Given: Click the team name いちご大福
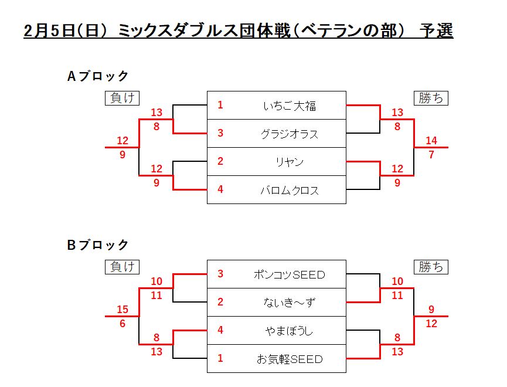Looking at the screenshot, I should pyautogui.click(x=290, y=106).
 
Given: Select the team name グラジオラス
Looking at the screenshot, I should pyautogui.click(x=290, y=134).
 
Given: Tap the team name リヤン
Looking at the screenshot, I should pyautogui.click(x=290, y=162).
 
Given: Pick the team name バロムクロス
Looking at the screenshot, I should pyautogui.click(x=290, y=190).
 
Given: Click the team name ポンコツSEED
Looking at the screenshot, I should pyautogui.click(x=290, y=274).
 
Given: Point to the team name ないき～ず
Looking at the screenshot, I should pyautogui.click(x=290, y=303).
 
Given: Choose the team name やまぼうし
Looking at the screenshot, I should pyautogui.click(x=290, y=331).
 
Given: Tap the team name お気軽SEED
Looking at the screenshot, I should pyautogui.click(x=290, y=359).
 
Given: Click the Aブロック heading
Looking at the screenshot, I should pyautogui.click(x=98, y=76).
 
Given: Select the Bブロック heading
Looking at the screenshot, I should pyautogui.click(x=98, y=245).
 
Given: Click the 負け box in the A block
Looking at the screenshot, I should pyautogui.click(x=122, y=98).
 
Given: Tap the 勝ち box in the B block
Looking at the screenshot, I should pyautogui.click(x=431, y=267).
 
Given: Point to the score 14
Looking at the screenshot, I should pyautogui.click(x=431, y=141).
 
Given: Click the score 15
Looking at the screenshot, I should pyautogui.click(x=123, y=310).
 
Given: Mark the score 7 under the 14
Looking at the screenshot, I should pyautogui.click(x=431, y=155).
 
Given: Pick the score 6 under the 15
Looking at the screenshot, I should pyautogui.click(x=123, y=324).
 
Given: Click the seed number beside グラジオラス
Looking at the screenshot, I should pyautogui.click(x=220, y=134).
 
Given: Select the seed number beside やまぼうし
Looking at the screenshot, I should pyautogui.click(x=220, y=331).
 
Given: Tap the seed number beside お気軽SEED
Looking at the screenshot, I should pyautogui.click(x=220, y=359).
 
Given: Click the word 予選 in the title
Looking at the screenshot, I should pyautogui.click(x=437, y=30).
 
